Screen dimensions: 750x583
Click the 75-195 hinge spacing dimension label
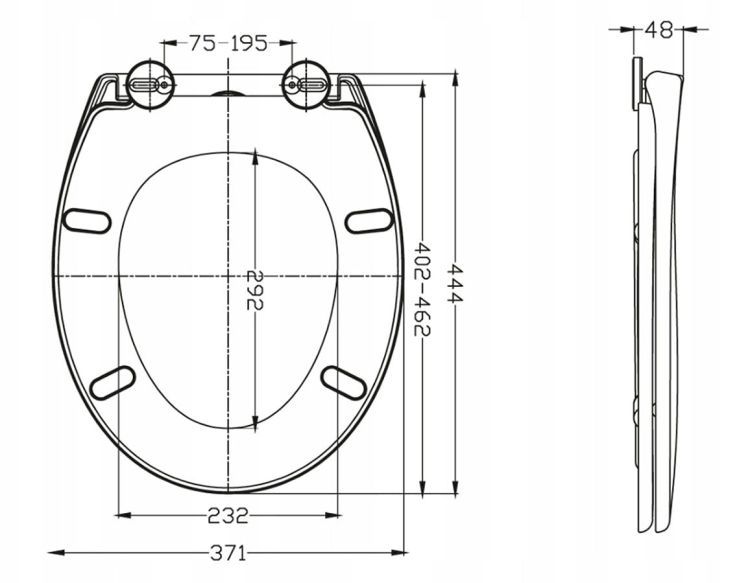pos(228,44)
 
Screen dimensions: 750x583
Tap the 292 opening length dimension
pos(255,290)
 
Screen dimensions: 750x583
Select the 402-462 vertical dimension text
pos(422,289)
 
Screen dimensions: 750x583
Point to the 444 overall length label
pos(455,283)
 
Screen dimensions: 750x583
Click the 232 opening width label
pos(228,516)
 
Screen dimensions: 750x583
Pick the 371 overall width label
pos(228,553)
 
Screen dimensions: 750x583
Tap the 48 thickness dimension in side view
pos(658,30)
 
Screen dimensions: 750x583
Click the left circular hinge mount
pos(151,86)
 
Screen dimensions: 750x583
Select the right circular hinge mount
pos(307,86)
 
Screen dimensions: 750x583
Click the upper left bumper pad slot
pos(88,221)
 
